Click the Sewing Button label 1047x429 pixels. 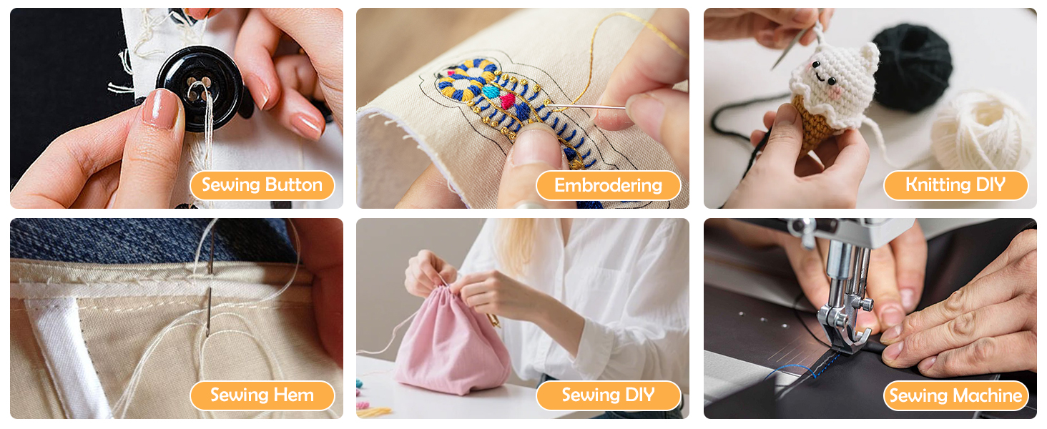(x=262, y=185)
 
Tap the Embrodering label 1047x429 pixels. (x=608, y=185)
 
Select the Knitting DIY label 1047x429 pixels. (x=955, y=185)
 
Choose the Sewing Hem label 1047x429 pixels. (x=262, y=395)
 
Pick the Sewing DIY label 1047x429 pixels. (x=608, y=395)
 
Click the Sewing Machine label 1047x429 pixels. (x=955, y=396)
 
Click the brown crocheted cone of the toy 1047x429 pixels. (x=815, y=123)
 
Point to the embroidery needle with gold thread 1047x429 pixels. (x=586, y=107)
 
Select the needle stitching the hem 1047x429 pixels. (x=210, y=280)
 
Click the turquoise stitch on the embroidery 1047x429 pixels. (x=491, y=91)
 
